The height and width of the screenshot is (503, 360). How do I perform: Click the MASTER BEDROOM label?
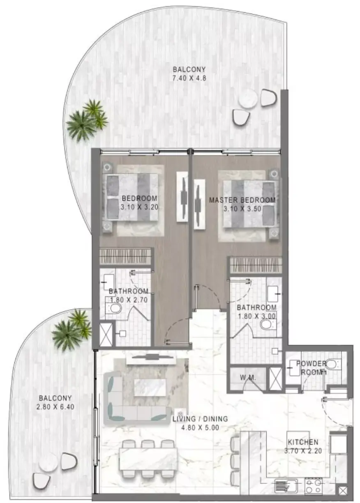coord(242,200)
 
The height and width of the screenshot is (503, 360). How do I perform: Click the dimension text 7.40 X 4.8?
coord(189,78)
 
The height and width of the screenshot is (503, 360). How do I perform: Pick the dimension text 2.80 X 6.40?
coord(55,407)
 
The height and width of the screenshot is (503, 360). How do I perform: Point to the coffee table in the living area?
coord(150,388)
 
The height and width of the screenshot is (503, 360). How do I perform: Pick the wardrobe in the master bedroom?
coord(255,265)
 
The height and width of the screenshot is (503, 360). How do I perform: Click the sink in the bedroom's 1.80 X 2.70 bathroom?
coord(108,282)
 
